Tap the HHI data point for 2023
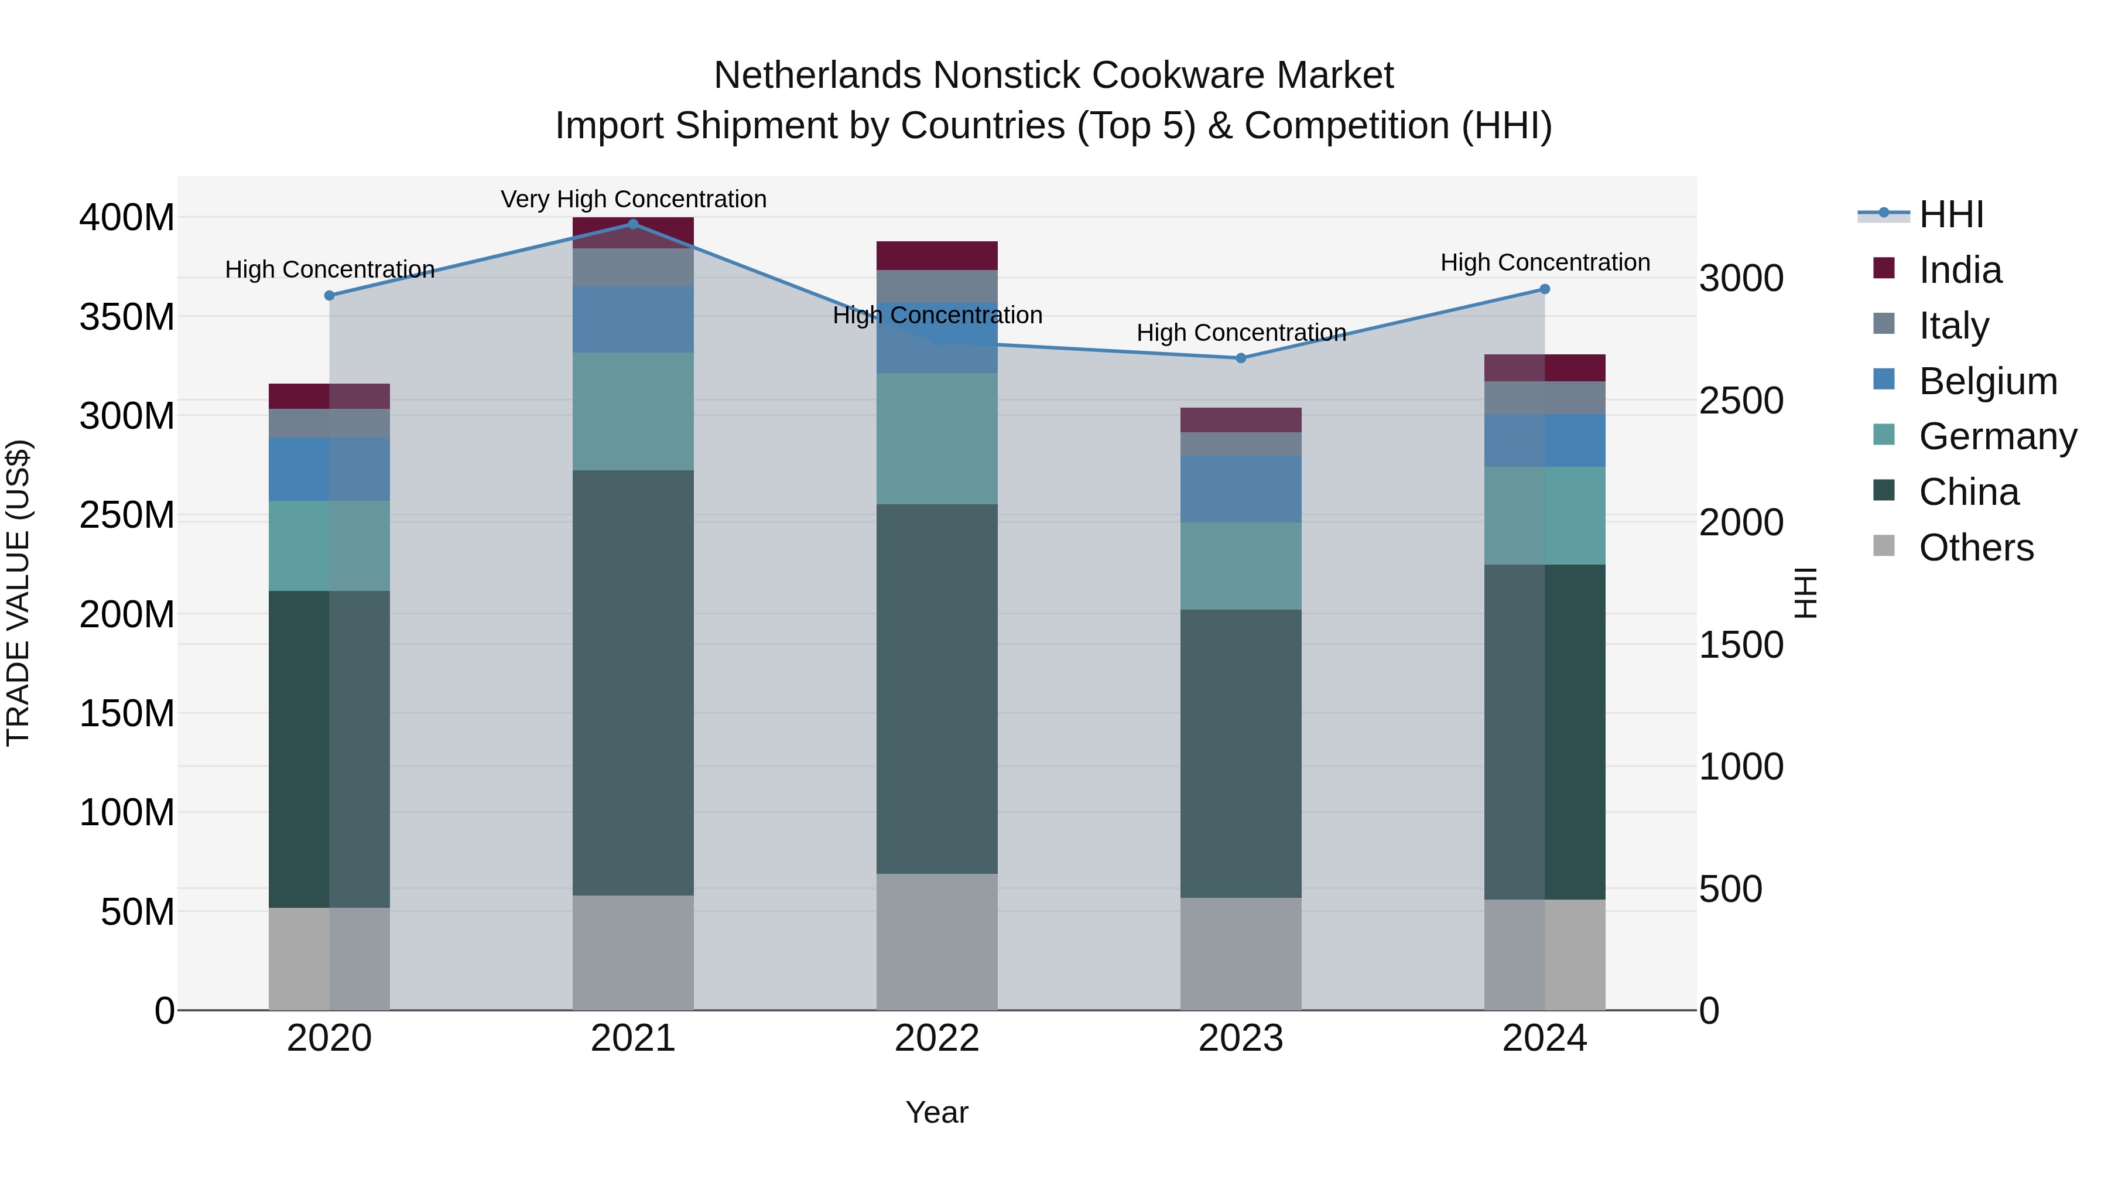click(1241, 358)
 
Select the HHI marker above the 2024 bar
click(1544, 289)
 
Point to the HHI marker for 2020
click(329, 296)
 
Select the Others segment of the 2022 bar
click(936, 941)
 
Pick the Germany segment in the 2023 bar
click(1241, 566)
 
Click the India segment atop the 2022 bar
click(936, 255)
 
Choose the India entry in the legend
click(1960, 270)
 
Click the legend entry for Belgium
click(1987, 381)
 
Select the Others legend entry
click(1976, 548)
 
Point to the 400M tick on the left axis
click(127, 218)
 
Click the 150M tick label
click(127, 714)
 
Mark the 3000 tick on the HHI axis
click(1741, 278)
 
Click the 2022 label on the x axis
click(936, 1038)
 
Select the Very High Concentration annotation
click(634, 199)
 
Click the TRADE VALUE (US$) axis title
click(18, 593)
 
